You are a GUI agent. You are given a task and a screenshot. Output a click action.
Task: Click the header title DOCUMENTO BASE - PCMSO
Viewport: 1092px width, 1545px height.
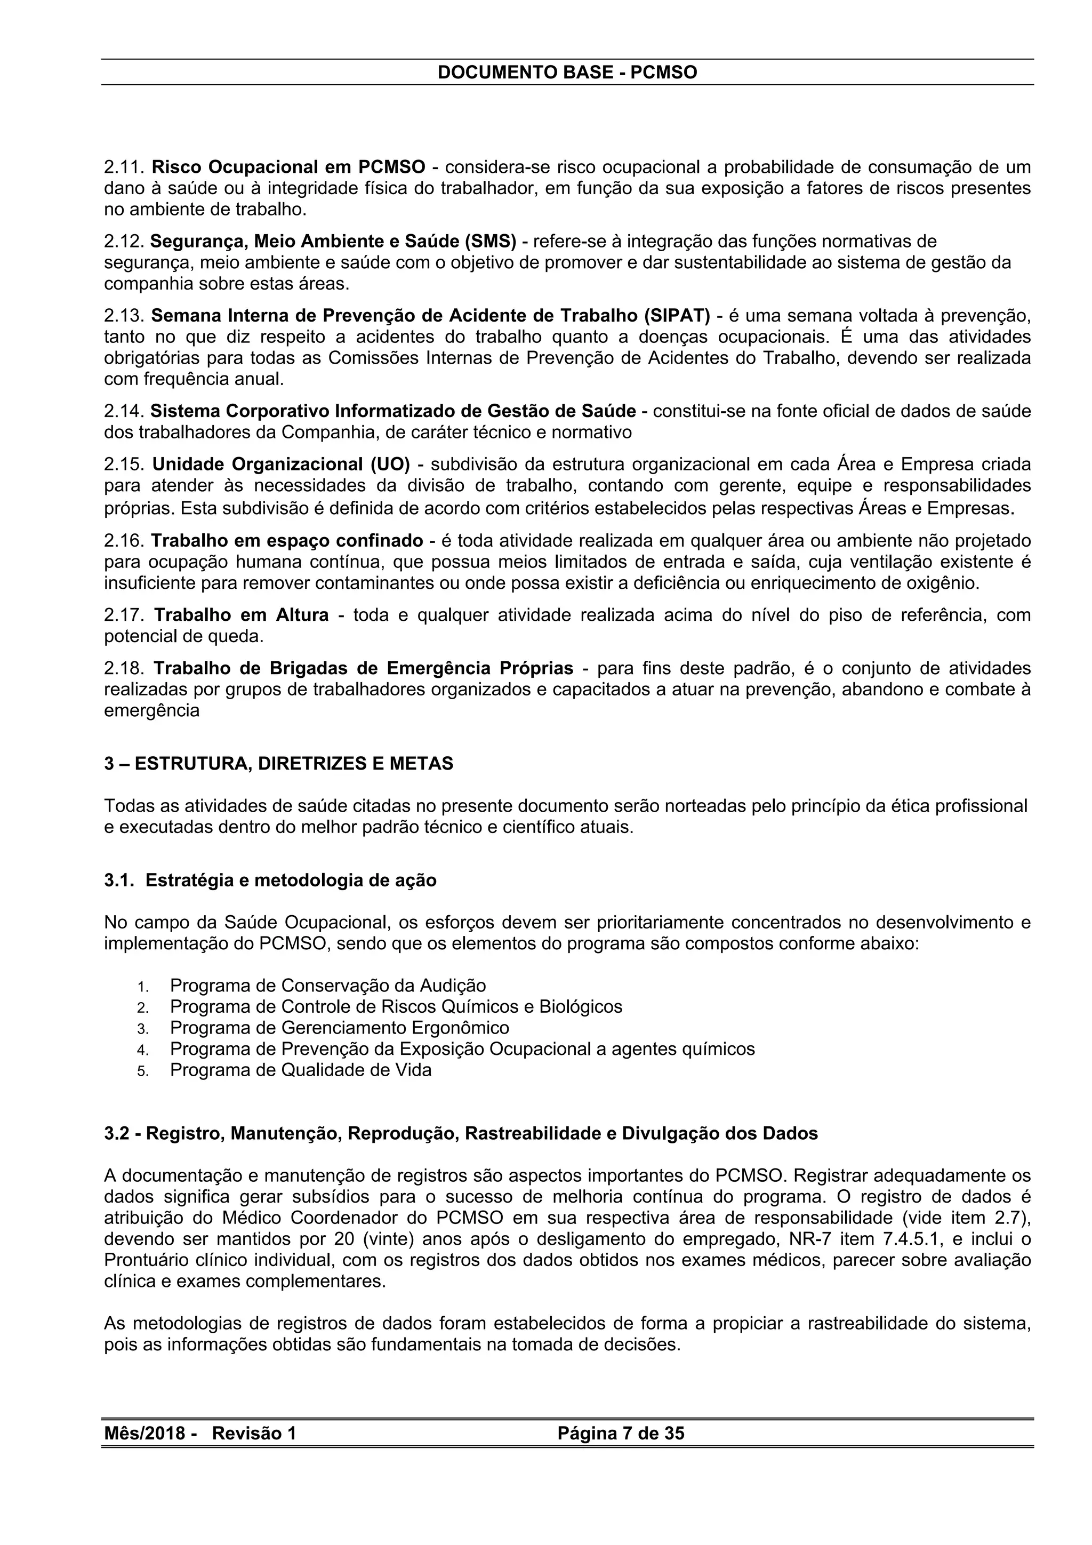coord(567,73)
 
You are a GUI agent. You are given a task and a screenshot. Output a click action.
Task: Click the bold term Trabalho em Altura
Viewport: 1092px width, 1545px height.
coord(242,615)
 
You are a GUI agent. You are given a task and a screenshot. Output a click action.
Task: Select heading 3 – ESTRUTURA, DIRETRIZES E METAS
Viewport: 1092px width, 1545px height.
coord(278,764)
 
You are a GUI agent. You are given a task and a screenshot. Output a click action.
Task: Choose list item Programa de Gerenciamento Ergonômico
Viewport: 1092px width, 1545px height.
coord(339,1028)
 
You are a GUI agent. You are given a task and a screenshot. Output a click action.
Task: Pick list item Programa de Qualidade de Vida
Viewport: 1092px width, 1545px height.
coord(301,1070)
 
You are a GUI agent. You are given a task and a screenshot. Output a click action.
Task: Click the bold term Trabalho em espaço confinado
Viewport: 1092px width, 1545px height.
coord(287,540)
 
